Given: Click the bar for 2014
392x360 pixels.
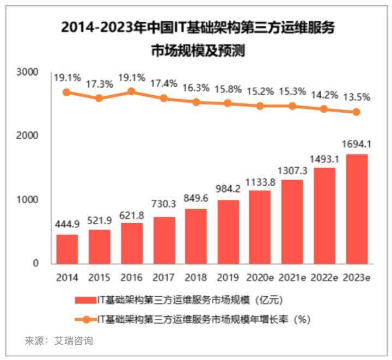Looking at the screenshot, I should (x=67, y=249).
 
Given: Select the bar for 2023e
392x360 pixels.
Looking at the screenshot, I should (x=357, y=209).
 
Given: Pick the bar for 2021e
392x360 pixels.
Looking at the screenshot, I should (x=292, y=222).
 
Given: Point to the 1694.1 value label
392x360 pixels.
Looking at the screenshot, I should (x=357, y=144).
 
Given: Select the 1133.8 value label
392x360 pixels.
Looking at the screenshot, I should (x=260, y=179).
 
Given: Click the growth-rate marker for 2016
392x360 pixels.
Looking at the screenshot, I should (x=131, y=91).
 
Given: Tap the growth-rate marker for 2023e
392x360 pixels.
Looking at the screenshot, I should (x=357, y=112).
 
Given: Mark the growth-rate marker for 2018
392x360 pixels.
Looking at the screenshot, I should (x=196, y=102).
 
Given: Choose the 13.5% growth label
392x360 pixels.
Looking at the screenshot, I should (x=357, y=97).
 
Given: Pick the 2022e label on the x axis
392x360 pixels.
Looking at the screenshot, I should (x=324, y=277).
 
